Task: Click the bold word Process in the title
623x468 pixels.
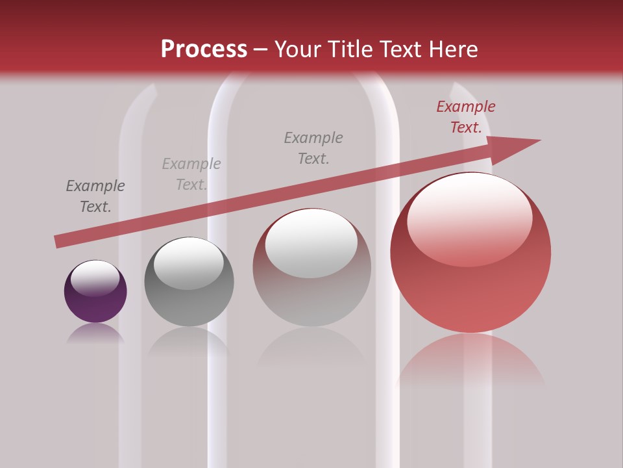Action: click(204, 49)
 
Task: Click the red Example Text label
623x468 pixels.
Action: click(466, 117)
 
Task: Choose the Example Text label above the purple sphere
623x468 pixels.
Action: click(95, 196)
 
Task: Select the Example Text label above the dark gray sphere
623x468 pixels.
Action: click(191, 174)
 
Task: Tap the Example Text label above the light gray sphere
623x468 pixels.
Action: click(313, 148)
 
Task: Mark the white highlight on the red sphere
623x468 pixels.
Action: click(469, 219)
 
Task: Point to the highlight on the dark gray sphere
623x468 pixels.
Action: click(188, 263)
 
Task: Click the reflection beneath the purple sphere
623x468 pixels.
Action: click(95, 333)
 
